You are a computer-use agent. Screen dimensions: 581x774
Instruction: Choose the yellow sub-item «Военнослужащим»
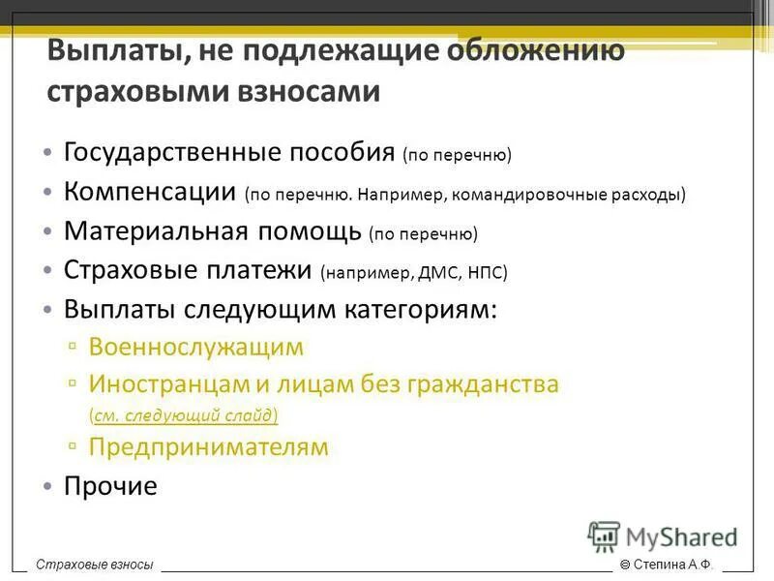point(195,347)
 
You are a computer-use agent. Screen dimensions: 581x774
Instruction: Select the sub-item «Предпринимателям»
point(208,447)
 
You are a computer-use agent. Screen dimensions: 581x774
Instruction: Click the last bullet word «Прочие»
point(109,486)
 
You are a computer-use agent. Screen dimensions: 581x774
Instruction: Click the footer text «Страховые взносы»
point(95,565)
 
